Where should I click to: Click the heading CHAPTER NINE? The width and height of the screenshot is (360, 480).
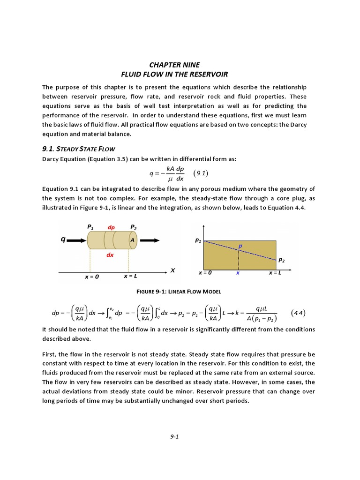pos(174,65)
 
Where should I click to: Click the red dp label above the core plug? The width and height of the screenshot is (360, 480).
pos(111,227)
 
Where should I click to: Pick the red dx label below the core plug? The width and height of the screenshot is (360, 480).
pos(110,255)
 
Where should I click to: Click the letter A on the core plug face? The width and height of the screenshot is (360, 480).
pos(133,240)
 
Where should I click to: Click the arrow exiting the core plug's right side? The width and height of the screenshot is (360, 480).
pos(150,240)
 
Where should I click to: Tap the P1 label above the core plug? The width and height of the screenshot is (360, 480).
pos(90,227)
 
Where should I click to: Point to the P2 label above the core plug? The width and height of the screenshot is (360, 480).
pos(134,227)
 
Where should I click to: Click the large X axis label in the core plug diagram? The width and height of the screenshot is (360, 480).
pos(172,270)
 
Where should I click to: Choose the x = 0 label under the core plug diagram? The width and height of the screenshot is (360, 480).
pos(92,277)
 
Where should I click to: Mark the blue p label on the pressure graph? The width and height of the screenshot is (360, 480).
pos(240,246)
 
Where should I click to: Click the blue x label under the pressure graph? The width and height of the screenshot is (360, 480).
pos(238,273)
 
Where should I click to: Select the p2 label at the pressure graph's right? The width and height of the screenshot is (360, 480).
pos(281,259)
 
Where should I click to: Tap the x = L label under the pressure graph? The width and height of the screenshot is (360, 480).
pos(275,273)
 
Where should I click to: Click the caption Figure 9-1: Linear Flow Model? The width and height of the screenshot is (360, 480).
pos(178,292)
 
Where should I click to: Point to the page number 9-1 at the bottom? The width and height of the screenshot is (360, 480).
pos(175,436)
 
